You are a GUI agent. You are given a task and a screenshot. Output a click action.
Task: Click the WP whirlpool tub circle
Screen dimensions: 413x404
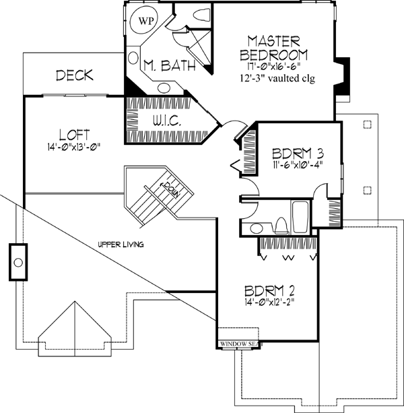point(145,21)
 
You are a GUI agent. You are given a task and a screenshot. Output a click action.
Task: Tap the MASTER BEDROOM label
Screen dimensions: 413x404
point(277,48)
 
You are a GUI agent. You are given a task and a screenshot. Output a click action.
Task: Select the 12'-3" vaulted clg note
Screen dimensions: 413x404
point(277,78)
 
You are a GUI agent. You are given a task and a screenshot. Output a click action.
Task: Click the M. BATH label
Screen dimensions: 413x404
point(170,65)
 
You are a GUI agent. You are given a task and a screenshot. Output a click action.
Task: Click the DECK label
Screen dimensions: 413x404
point(74,75)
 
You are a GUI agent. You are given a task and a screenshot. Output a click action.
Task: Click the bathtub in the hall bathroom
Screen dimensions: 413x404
point(300,216)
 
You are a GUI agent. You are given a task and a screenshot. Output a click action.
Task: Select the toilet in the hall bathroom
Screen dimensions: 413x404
point(279,223)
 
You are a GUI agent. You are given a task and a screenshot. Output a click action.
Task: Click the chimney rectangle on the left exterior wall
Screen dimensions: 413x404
point(18,261)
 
